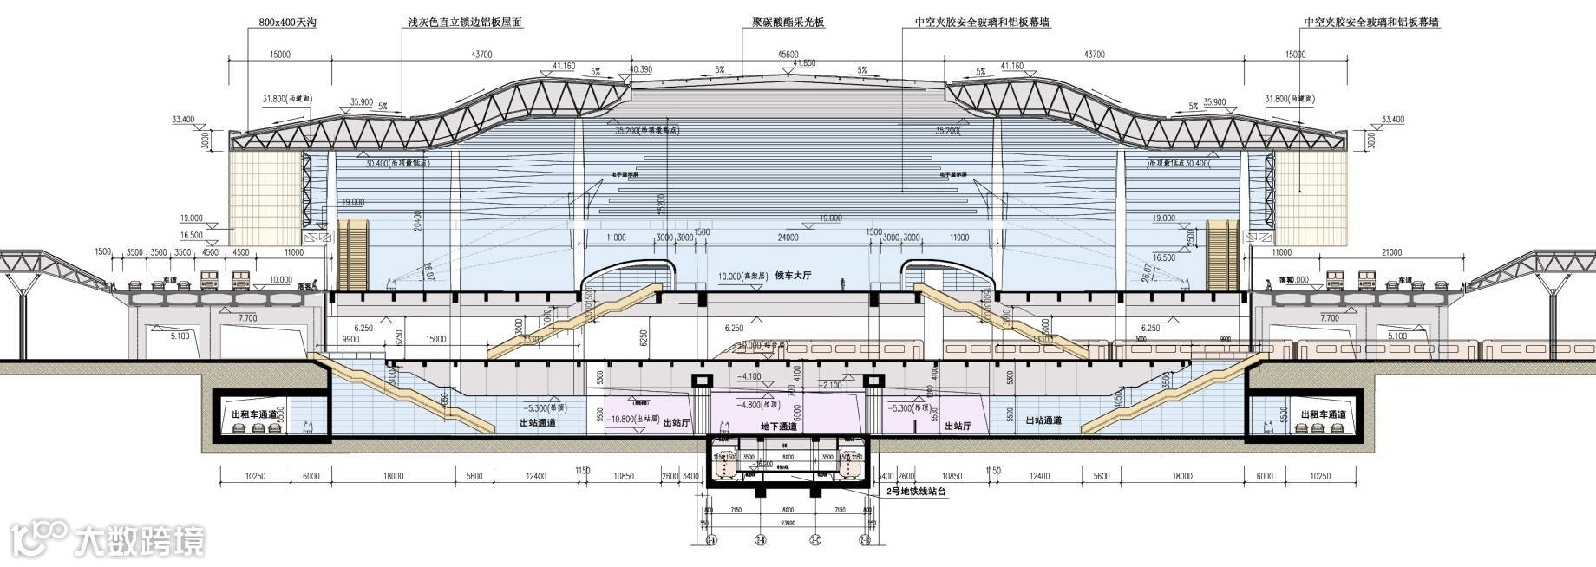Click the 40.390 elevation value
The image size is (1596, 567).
[x=641, y=69]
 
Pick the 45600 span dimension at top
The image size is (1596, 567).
[x=788, y=55]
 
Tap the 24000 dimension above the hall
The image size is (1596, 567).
[x=788, y=238]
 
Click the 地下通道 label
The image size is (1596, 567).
[x=778, y=427]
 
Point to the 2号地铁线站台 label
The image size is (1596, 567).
[x=915, y=492]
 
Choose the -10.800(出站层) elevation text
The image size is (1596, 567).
[x=630, y=419]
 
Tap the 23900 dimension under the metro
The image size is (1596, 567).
[x=788, y=522]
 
